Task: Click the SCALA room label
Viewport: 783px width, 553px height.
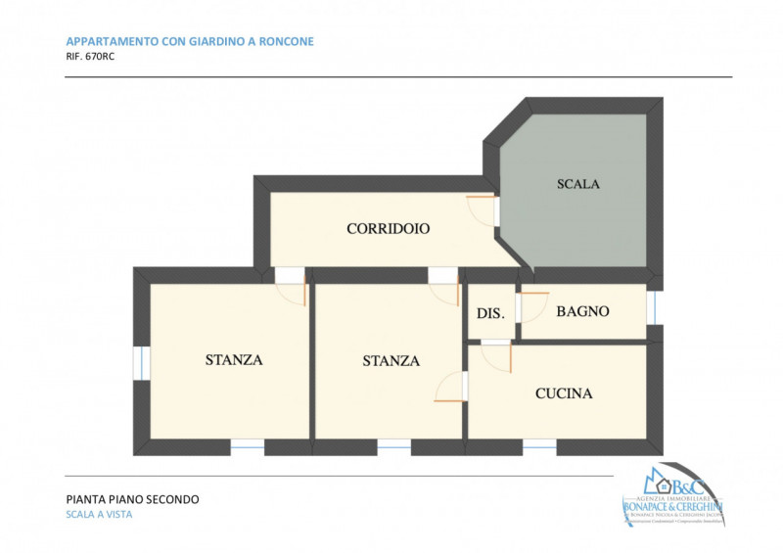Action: (577, 184)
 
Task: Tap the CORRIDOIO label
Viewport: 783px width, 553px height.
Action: (389, 229)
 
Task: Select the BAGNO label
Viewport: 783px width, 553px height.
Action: (582, 311)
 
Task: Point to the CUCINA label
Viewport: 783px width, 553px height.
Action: (564, 393)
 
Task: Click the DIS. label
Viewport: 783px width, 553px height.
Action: (490, 313)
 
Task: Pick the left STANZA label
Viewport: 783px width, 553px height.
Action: (234, 359)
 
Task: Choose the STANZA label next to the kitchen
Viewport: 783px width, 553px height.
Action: (391, 360)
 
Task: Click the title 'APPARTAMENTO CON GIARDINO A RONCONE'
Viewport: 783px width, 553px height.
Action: (189, 41)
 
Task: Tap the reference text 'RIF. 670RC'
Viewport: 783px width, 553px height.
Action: (91, 57)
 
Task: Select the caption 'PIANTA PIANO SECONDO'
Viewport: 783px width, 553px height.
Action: (132, 499)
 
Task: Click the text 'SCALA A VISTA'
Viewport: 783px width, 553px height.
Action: (99, 515)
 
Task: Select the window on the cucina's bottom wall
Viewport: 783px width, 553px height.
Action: (539, 446)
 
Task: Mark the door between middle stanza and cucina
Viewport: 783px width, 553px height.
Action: (452, 387)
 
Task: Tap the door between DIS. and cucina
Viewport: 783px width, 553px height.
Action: (497, 352)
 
